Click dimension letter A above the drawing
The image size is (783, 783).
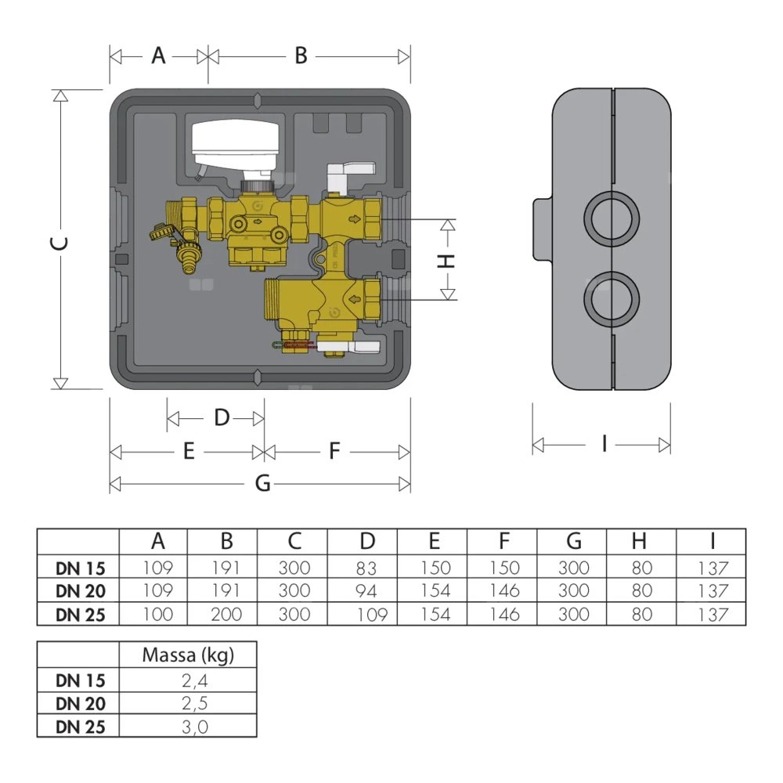click(x=159, y=56)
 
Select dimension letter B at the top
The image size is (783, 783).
click(x=301, y=56)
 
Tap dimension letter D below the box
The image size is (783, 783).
click(x=222, y=418)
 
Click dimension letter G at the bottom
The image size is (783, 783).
click(x=263, y=484)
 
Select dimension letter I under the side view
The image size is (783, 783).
click(x=604, y=445)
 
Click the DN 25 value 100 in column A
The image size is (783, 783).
click(x=157, y=614)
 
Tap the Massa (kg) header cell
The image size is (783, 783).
click(x=188, y=655)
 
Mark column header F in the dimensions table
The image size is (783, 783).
click(x=503, y=542)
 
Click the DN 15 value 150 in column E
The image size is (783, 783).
click(x=435, y=568)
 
